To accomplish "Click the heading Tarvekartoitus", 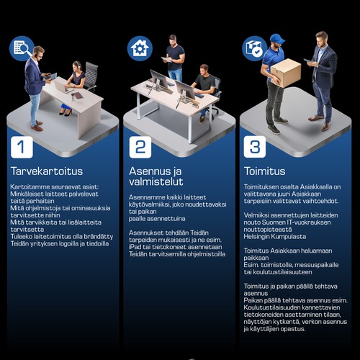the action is pos(47,171).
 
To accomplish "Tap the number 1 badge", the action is pos(22,147).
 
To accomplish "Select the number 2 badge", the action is pos(140,147).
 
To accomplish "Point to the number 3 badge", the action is pos(255,147).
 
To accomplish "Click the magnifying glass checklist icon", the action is pos(22,48).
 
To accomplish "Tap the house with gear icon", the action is pos(140,48).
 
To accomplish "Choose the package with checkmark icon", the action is pos(255,48).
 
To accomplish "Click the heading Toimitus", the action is pos(265,171).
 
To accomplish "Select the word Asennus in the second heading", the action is pos(149,171).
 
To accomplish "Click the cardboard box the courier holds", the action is pos(286,73).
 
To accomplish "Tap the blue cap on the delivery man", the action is pos(277,39).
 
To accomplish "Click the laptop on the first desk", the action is pos(62,86).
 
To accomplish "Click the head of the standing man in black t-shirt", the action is pos(172,40).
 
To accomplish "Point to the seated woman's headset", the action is pos(77,65).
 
